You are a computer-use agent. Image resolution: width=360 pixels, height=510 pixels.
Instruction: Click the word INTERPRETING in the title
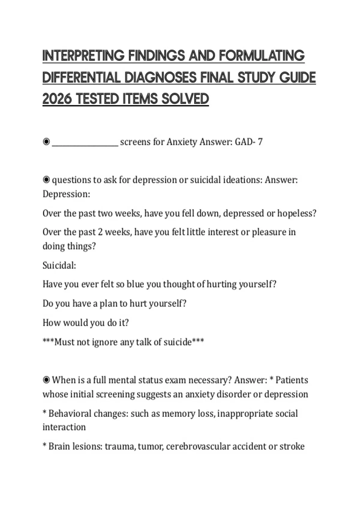pyautogui.click(x=83, y=56)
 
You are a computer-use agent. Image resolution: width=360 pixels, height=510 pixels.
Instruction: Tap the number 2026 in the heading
pyautogui.click(x=57, y=99)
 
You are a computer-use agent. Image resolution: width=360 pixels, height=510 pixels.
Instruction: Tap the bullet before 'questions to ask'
pyautogui.click(x=46, y=180)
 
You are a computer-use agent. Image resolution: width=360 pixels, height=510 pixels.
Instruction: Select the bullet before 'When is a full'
pyautogui.click(x=46, y=380)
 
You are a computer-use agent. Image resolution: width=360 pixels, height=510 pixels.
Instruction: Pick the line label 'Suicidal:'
pyautogui.click(x=59, y=265)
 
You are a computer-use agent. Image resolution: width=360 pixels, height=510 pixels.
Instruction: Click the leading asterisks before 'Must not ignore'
pyautogui.click(x=48, y=341)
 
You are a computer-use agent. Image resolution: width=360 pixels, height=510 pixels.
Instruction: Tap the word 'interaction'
pyautogui.click(x=64, y=427)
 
